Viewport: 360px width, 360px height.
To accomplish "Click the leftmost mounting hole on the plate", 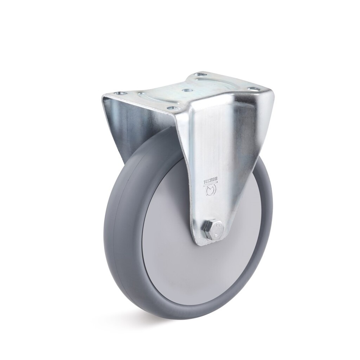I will pos(121,94).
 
